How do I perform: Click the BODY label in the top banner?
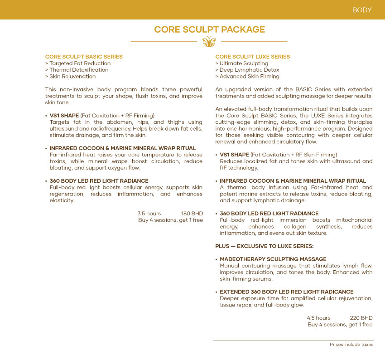click(x=362, y=10)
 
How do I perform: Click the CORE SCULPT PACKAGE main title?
click(x=209, y=30)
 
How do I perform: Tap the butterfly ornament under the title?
click(x=209, y=42)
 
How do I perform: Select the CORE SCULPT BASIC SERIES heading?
click(x=84, y=57)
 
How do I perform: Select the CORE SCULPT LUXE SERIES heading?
click(x=252, y=57)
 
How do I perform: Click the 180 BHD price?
click(x=192, y=214)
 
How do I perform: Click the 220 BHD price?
click(x=361, y=318)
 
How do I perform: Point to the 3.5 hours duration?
click(x=149, y=214)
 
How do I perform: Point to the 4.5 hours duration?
click(x=318, y=318)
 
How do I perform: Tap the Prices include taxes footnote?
click(x=351, y=345)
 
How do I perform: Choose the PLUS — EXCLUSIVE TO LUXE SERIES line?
click(x=264, y=246)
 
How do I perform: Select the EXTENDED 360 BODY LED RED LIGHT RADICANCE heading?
click(x=286, y=292)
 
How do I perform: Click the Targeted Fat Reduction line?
click(x=78, y=63)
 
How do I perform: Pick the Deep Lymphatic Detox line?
click(x=247, y=70)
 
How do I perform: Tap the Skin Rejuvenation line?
click(x=71, y=77)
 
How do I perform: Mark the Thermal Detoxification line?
click(x=77, y=70)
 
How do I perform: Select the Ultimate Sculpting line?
click(x=242, y=63)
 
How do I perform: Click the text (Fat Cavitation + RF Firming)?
click(x=117, y=116)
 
